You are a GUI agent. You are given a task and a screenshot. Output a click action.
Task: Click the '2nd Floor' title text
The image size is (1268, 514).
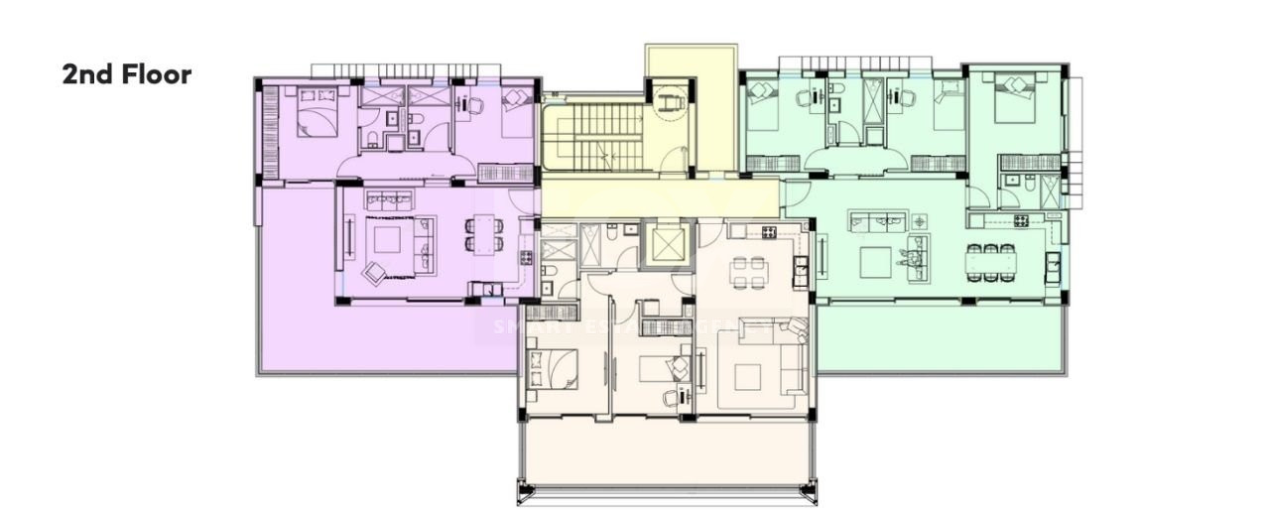point(126,74)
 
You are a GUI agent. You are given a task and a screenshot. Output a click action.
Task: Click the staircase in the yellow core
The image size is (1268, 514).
point(592,137)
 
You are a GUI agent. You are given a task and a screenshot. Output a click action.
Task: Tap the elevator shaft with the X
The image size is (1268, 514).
point(665,244)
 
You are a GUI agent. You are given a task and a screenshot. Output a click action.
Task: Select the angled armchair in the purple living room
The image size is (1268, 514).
point(376,271)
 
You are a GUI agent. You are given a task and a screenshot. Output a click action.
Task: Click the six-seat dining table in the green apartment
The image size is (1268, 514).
point(991,262)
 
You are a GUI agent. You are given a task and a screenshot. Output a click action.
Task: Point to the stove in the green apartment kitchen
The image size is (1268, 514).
point(1021,219)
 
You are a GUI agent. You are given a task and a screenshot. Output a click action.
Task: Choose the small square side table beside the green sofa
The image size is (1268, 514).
point(920,220)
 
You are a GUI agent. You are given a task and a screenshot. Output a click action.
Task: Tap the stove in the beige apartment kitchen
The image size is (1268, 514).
point(767,231)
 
